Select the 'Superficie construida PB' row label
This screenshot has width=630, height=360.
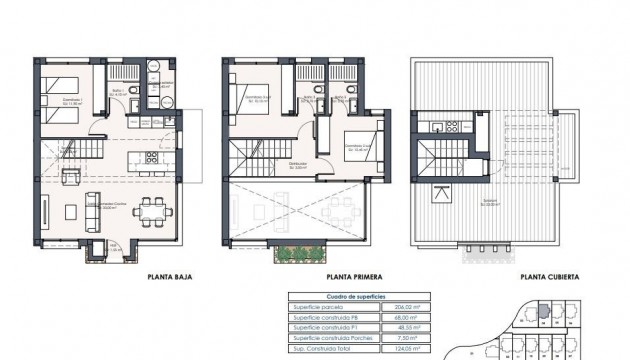coord(325,318)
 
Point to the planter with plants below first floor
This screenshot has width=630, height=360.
coord(300,253)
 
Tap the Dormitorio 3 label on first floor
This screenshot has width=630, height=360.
coord(353,145)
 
